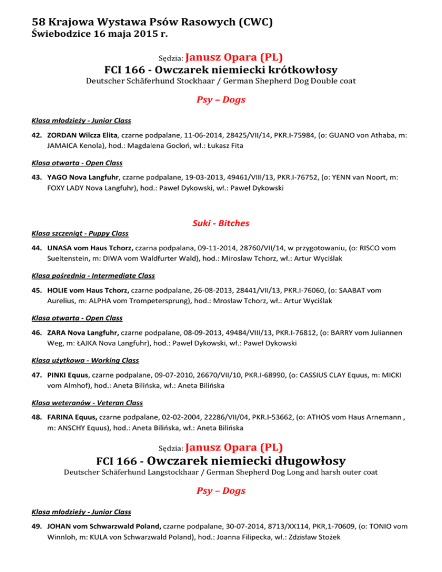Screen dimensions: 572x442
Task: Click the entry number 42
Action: [37, 135]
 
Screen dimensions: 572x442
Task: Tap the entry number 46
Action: [37, 332]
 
